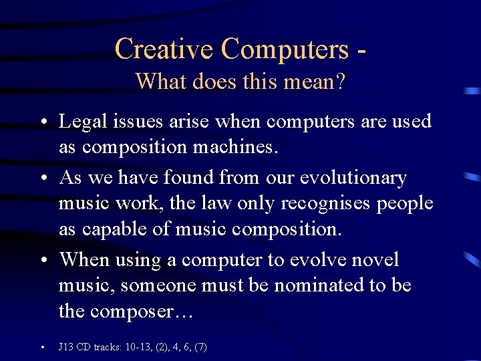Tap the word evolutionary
(x=353, y=178)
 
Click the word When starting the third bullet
(x=85, y=259)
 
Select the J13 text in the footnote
(x=65, y=347)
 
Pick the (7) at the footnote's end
(x=200, y=347)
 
